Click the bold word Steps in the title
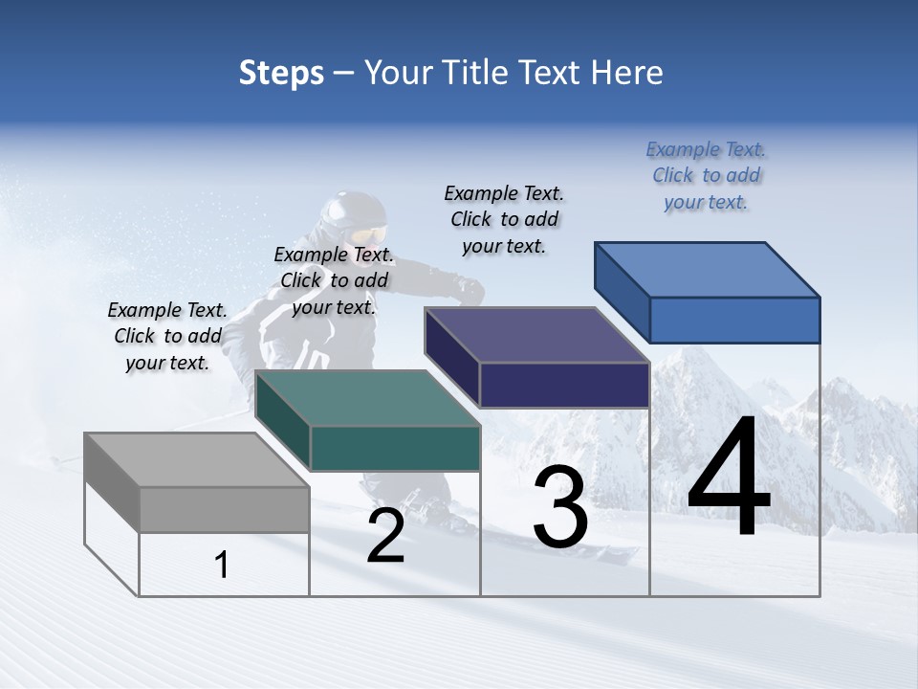coord(281,73)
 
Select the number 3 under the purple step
coord(560,507)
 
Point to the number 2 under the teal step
coord(385,536)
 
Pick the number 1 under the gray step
coord(222,566)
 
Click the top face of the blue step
coord(708,269)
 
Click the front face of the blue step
coord(734,320)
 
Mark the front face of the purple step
coord(564,385)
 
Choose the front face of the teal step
coord(395,448)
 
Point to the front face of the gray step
coord(224,509)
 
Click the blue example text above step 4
coord(706,175)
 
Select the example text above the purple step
coord(504,219)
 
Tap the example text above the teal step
coord(334,280)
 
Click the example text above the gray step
coord(167,336)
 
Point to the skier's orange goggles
coord(369,235)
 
